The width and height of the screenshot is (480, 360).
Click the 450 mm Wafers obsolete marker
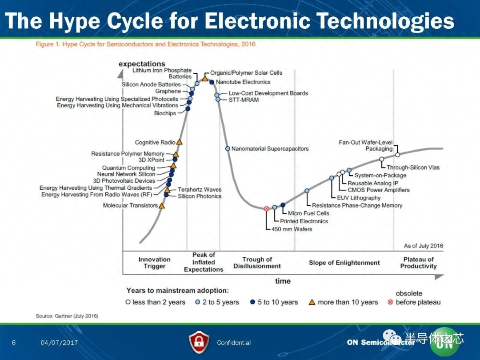[x=266, y=209]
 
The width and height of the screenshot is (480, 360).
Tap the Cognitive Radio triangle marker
[x=180, y=142]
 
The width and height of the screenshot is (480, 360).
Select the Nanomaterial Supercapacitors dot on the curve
[x=228, y=148]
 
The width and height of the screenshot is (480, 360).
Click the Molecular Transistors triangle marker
[x=162, y=206]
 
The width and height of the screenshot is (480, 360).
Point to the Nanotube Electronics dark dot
[x=212, y=82]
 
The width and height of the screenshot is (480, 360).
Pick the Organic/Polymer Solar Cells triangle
[x=205, y=78]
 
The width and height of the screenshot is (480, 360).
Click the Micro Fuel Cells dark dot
[x=283, y=205]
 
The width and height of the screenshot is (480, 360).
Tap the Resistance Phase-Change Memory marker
[x=307, y=191]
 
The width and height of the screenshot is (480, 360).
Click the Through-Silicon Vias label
[x=413, y=168]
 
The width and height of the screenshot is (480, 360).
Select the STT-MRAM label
[x=244, y=100]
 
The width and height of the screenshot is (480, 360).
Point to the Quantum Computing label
[x=128, y=168]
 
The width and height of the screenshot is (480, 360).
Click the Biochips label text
[x=165, y=113]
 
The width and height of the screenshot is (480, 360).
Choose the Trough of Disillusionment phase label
[x=257, y=263]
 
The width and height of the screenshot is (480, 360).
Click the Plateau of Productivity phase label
[x=419, y=263]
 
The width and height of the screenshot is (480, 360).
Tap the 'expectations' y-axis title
[x=142, y=64]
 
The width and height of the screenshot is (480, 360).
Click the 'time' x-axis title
[x=283, y=281]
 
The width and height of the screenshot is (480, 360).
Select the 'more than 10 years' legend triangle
[x=312, y=302]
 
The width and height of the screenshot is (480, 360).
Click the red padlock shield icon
[x=199, y=343]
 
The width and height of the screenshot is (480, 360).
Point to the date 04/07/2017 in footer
[x=59, y=343]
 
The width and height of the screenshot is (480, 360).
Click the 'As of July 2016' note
[x=424, y=246]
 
